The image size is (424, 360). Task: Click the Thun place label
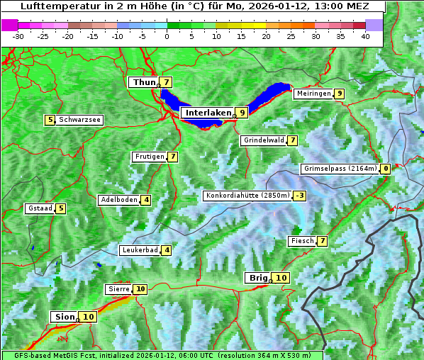pos(143,83)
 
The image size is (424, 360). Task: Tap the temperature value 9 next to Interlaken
pos(242,113)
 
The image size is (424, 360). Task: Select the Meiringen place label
pos(313,94)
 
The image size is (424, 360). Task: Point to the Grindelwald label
pos(264,140)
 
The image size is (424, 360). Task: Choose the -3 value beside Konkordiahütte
pos(300,196)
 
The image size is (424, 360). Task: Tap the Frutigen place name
pos(149,157)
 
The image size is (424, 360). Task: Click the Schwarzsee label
pos(79,120)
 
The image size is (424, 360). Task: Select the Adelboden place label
pos(118,200)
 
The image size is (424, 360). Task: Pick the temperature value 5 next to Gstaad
pos(61,208)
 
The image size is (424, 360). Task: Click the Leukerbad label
pos(139,250)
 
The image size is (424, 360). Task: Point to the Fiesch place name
pos(302,241)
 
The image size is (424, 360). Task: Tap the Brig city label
pos(256,278)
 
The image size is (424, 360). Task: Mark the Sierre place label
pos(119,289)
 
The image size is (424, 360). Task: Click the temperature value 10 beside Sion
pos(88,317)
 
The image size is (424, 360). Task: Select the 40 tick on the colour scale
pos(365,35)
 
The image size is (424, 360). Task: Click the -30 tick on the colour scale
pos(18,35)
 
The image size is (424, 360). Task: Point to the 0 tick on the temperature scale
pos(167,35)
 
